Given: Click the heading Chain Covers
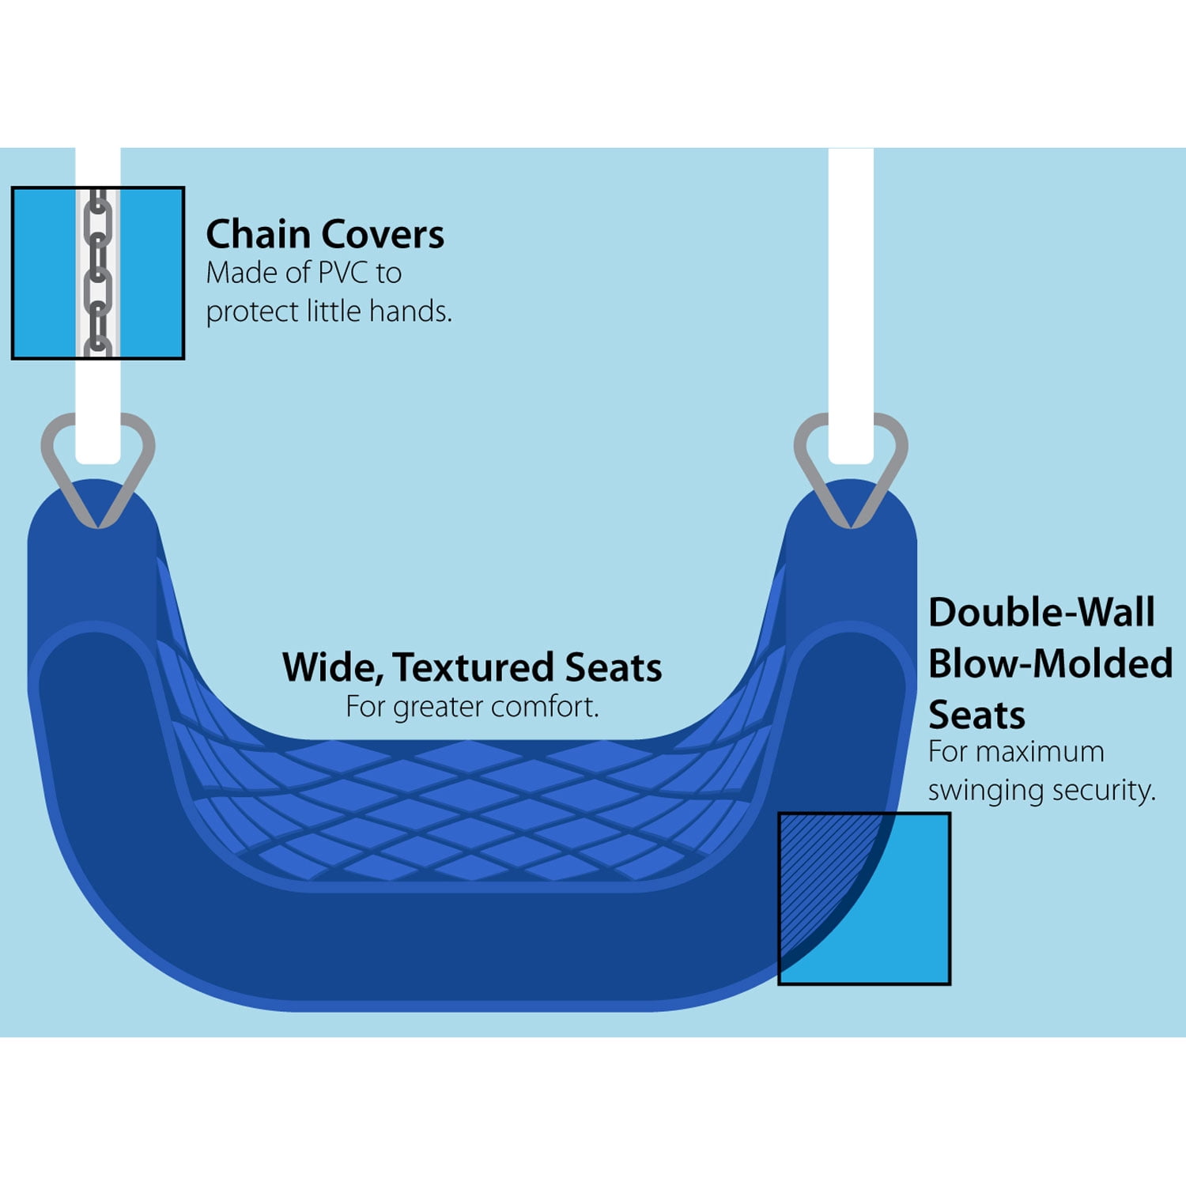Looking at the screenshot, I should pos(324,235).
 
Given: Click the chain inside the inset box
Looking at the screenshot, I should pos(97,273).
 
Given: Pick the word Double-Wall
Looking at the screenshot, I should pos(1041,613).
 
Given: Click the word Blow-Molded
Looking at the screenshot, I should pos(1050,663).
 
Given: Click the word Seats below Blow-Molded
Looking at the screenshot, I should pos(976,716).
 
